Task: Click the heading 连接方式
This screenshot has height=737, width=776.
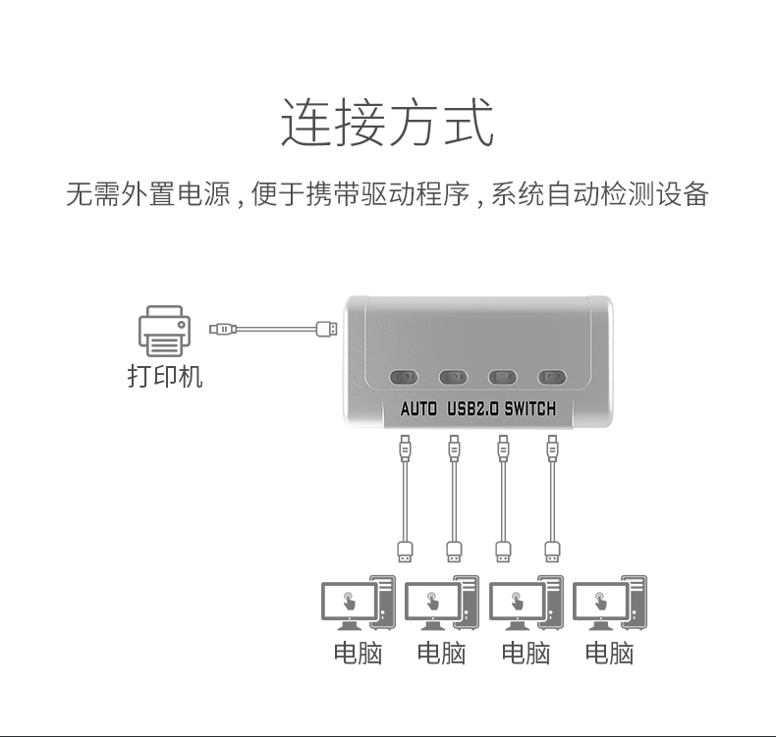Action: coord(387,123)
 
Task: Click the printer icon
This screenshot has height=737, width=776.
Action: coord(163,331)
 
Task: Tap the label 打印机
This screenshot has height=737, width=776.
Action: coord(165,377)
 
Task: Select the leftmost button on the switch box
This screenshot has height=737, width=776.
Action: coord(404,376)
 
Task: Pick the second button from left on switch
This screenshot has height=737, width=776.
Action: coord(453,376)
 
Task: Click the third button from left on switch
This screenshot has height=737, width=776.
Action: coord(502,376)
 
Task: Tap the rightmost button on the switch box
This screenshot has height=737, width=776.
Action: coord(551,376)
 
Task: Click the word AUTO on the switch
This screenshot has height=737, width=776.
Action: coord(418,409)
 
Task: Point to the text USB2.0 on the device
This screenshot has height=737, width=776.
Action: coord(472,409)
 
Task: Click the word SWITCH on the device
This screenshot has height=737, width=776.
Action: coord(529,409)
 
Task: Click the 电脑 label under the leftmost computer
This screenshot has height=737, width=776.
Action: coord(358,653)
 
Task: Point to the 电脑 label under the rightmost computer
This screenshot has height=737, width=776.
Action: coord(609,653)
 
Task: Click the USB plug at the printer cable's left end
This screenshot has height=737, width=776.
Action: coord(221,327)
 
